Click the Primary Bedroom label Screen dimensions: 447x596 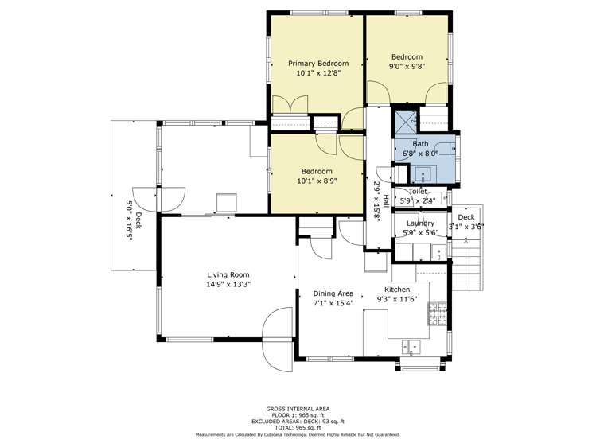[x=317, y=64]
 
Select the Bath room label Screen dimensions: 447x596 [x=419, y=144]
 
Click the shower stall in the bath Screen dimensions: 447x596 [x=407, y=122]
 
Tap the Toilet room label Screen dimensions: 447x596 [x=418, y=192]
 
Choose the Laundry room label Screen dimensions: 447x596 [x=420, y=223]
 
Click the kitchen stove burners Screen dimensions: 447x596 [x=438, y=314]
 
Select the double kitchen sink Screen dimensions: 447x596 [x=412, y=346]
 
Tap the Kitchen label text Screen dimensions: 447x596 [x=397, y=290]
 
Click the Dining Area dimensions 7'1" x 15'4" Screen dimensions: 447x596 [x=333, y=303]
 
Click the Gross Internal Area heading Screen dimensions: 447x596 [x=298, y=408]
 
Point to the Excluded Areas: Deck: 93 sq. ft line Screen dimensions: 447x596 [x=298, y=422]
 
